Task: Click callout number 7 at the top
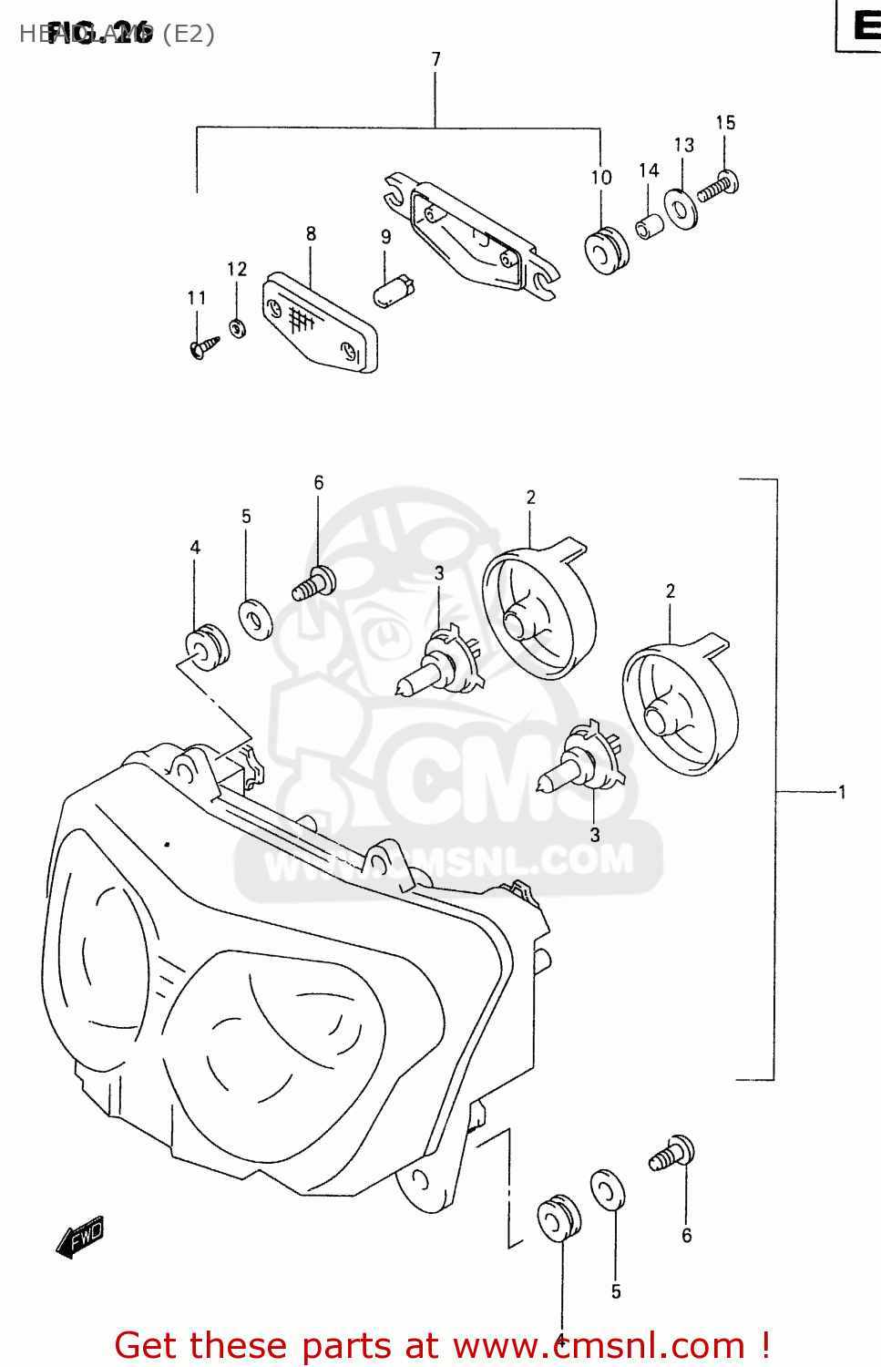point(436,59)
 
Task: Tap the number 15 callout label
point(725,123)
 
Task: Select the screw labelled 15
point(719,186)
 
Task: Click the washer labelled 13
point(681,209)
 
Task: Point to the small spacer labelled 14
point(650,226)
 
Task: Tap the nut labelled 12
point(237,327)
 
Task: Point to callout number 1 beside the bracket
point(842,792)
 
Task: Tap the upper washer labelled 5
point(255,620)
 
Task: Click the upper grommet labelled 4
point(207,646)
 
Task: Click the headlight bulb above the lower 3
point(579,763)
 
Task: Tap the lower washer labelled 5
point(608,1190)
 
